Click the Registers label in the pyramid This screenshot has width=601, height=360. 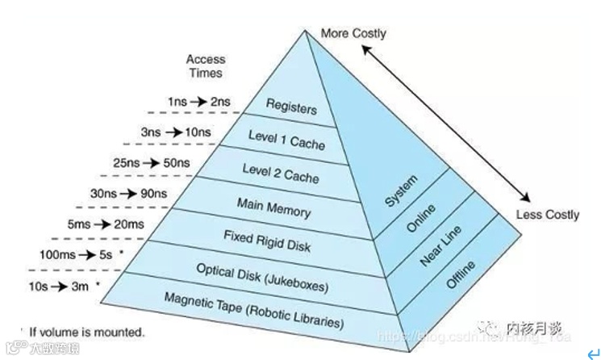point(291,107)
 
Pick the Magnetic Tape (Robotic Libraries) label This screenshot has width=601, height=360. point(254,311)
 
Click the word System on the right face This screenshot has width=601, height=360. point(401,191)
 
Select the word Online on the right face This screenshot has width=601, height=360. point(420,219)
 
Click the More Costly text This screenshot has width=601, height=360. point(353,34)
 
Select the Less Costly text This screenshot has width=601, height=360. point(548,215)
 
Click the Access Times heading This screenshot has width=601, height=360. point(205,65)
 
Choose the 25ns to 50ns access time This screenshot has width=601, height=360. point(152,163)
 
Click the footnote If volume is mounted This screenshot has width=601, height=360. point(86,332)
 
